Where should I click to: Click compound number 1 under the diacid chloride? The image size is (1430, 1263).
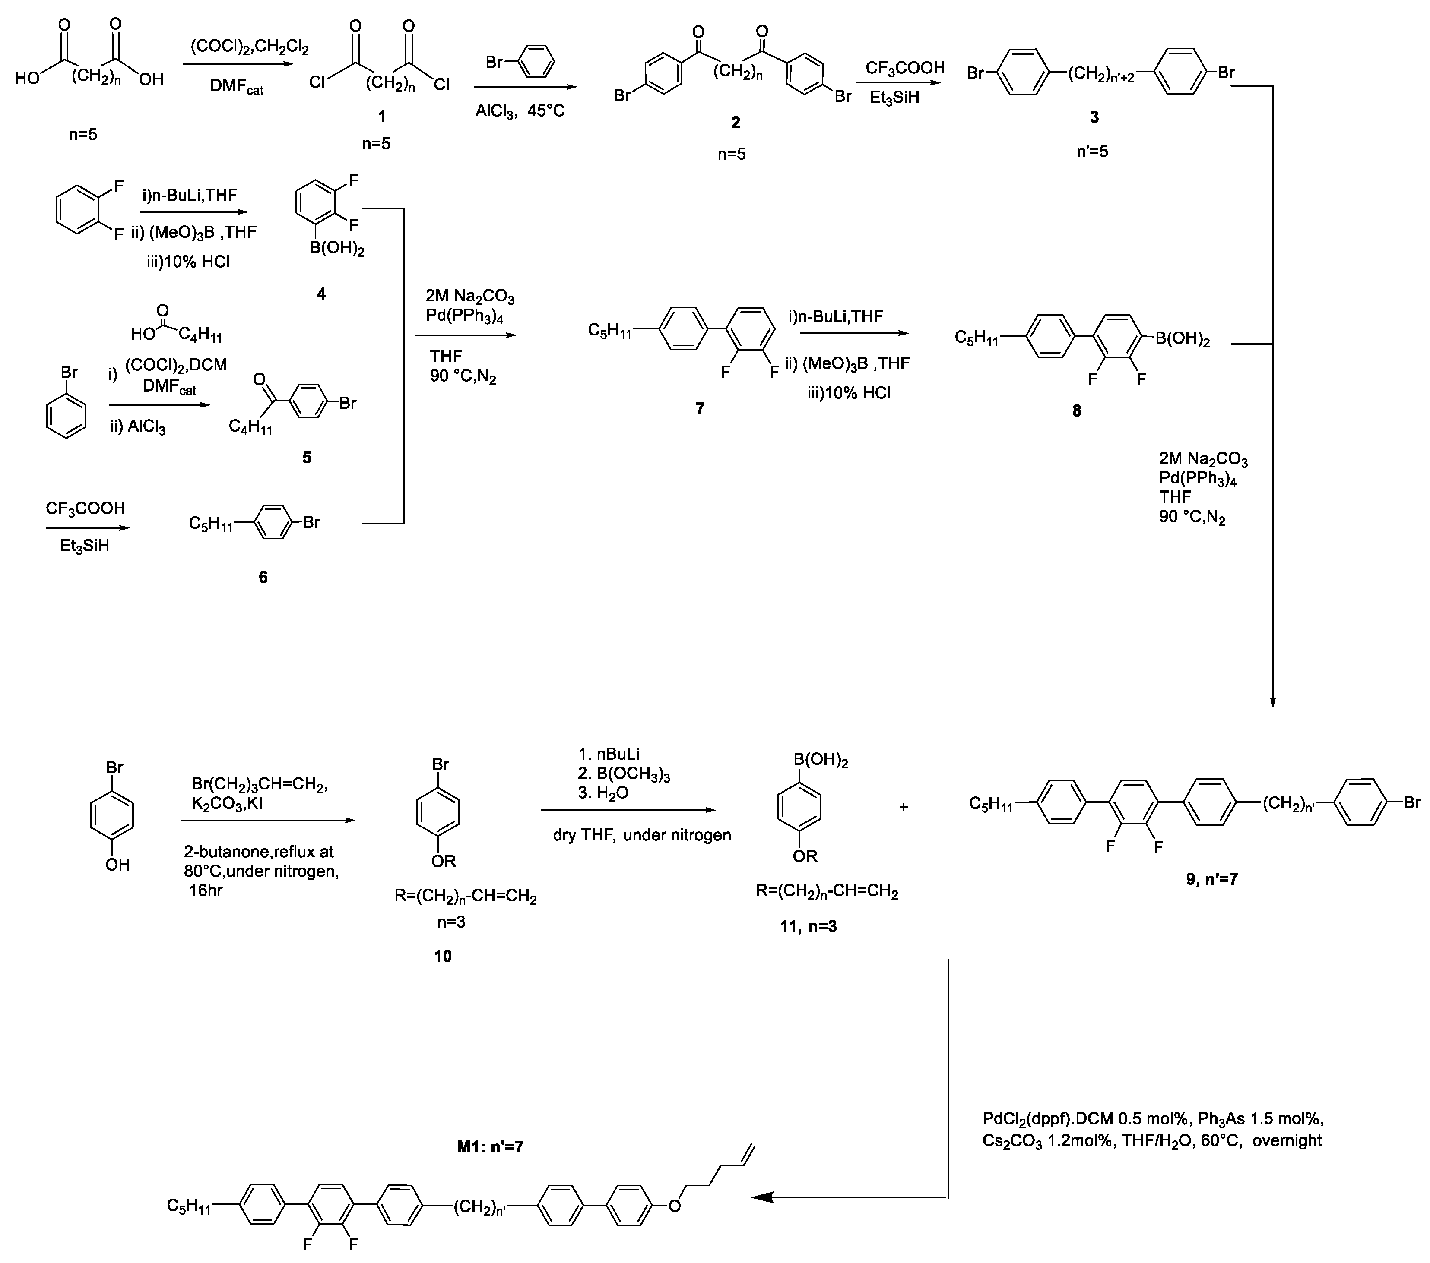tap(381, 116)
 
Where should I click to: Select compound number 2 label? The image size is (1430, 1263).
tap(735, 123)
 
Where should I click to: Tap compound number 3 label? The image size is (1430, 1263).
tap(1094, 117)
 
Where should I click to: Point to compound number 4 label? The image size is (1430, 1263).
tap(321, 294)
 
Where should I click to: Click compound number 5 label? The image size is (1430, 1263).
tap(307, 458)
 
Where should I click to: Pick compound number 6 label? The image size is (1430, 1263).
tap(263, 577)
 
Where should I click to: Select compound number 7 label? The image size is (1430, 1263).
tap(700, 408)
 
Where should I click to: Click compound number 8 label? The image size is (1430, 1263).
tap(1077, 410)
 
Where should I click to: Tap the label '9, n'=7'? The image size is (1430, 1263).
tap(1212, 878)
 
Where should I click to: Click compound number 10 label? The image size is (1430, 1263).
tap(443, 956)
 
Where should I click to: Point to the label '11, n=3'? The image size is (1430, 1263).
tap(808, 927)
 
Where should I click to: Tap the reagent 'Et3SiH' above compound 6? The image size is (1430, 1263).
tap(85, 546)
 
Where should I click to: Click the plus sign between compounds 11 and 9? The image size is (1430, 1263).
tap(903, 807)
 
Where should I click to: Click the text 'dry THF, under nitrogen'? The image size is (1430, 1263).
tap(641, 834)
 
